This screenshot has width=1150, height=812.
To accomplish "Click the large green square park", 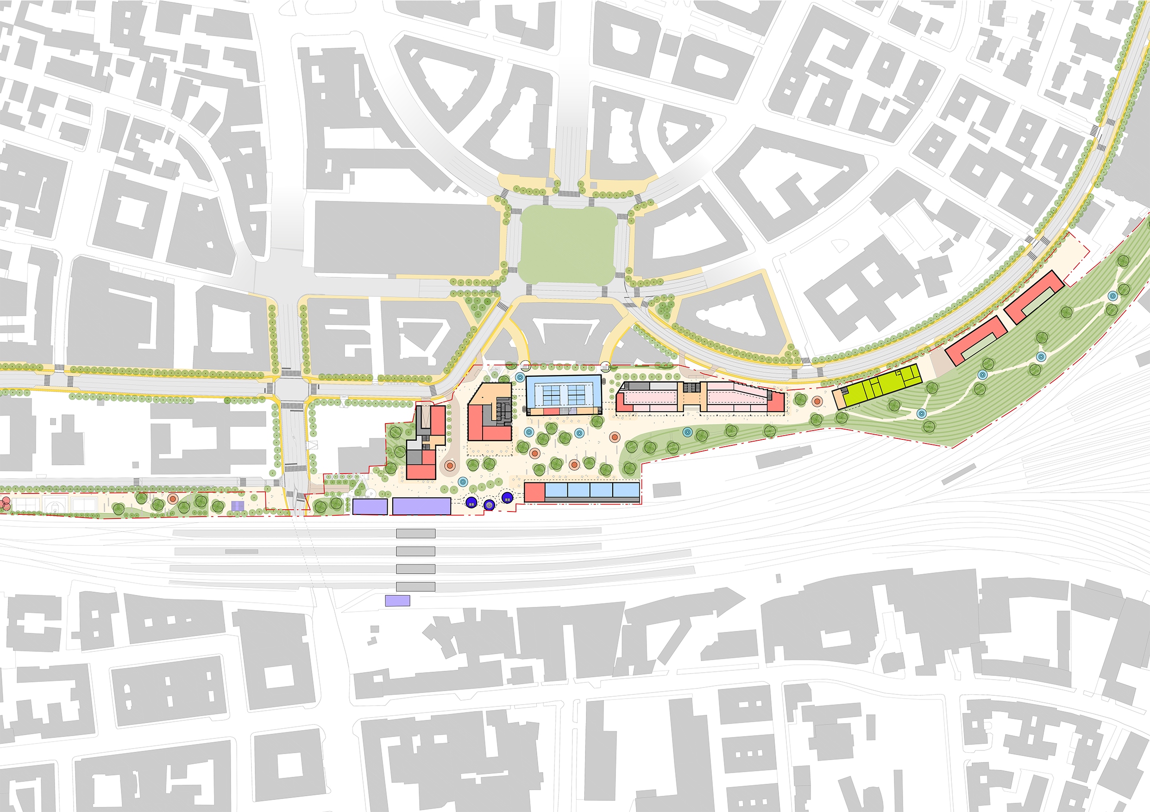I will [x=567, y=245].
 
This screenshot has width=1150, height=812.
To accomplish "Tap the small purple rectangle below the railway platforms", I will [x=397, y=601].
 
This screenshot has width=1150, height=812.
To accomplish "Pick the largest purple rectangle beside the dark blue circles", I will [x=421, y=506].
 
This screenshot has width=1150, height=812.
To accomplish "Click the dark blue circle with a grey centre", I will [x=489, y=506].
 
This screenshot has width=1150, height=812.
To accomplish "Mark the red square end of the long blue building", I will [x=534, y=492].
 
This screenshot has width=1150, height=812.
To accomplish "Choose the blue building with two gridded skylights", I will [x=563, y=392].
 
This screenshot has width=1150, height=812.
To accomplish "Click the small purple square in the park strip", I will [x=238, y=506].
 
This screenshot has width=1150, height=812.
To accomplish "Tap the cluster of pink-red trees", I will [x=4, y=504].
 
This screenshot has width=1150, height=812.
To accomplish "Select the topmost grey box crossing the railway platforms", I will [x=416, y=534].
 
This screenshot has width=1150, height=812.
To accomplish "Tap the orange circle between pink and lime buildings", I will [x=817, y=401].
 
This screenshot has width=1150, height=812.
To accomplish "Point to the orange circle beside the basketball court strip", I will [x=173, y=499].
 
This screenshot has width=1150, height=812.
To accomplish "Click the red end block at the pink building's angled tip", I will [x=776, y=402].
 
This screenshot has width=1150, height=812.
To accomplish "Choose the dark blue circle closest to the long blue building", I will [x=507, y=498].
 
